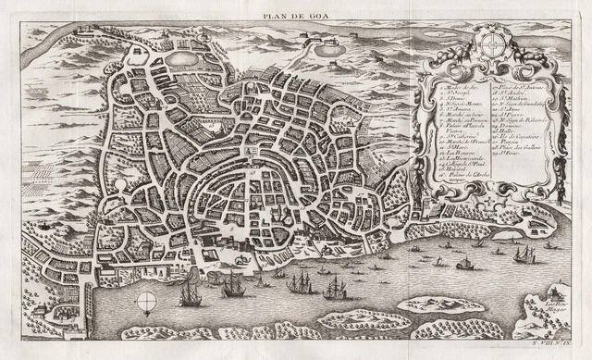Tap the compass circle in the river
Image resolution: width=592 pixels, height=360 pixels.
(x=147, y=302)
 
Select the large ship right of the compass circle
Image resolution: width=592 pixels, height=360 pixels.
(x=191, y=296)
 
